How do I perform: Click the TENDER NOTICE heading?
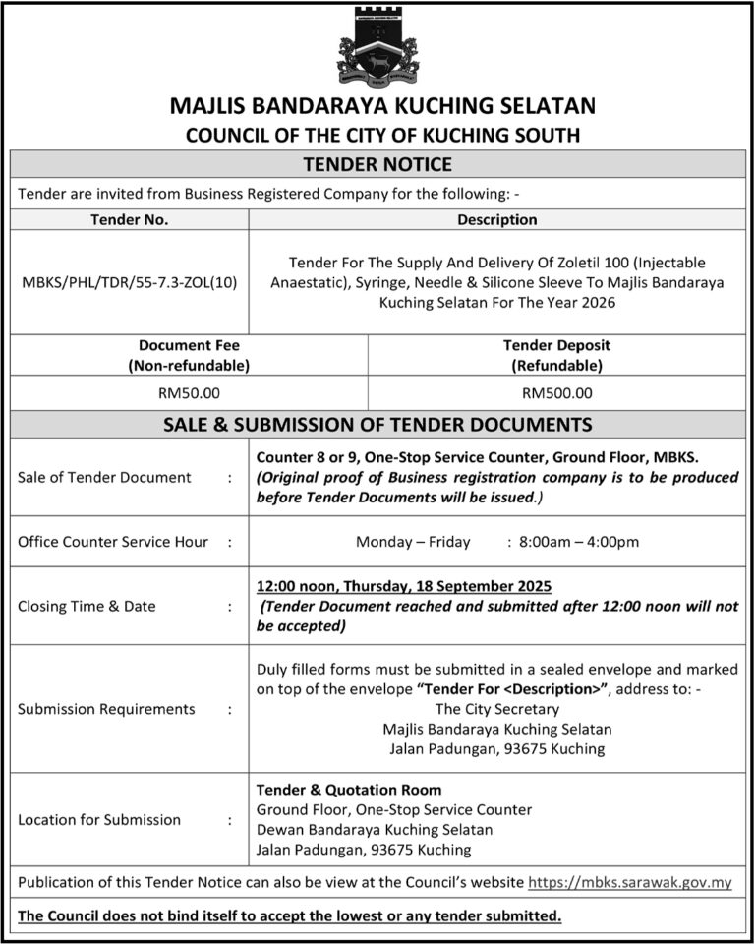(377, 164)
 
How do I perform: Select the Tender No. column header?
(129, 219)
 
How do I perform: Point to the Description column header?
(496, 219)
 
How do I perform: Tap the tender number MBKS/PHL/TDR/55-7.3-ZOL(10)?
(129, 283)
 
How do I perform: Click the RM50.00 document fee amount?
(189, 393)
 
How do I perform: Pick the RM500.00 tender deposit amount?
(556, 393)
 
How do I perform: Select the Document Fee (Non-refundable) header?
(189, 355)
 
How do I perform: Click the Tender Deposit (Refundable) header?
(556, 355)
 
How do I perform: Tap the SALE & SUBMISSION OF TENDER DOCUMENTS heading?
(377, 425)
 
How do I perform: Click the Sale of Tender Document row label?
(104, 477)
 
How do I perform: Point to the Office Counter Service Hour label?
(113, 541)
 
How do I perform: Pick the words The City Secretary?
(496, 709)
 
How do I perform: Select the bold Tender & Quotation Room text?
(349, 790)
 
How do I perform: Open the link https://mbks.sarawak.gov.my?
(630, 882)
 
